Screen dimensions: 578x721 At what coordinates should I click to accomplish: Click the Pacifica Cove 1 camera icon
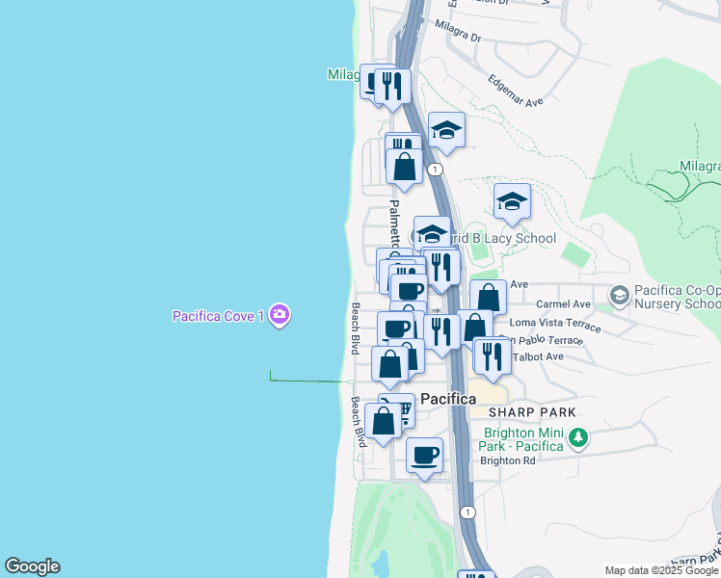coord(280,314)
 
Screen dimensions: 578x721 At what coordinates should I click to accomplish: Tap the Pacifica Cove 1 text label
coord(219,315)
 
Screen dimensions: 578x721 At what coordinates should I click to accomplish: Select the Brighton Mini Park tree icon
coord(578,439)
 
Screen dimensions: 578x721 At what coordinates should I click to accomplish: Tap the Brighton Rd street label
coord(507,460)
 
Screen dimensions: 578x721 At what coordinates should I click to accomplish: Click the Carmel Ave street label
coord(571,304)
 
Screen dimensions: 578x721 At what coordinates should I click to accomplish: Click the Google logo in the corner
coord(32,566)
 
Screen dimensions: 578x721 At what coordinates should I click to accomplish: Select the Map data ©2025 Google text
coord(661,570)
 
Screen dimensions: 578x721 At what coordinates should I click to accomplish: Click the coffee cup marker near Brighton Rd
coord(424,455)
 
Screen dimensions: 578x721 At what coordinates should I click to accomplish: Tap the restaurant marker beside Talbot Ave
coord(493,355)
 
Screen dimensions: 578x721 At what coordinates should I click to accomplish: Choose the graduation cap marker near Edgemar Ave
coord(446,129)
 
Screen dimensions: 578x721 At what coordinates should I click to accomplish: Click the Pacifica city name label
coord(448,398)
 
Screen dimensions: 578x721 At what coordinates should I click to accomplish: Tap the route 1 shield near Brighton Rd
coord(467,512)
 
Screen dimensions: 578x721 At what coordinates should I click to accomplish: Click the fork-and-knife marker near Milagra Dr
coord(392,85)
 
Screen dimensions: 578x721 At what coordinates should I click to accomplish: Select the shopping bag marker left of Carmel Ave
coord(489,297)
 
